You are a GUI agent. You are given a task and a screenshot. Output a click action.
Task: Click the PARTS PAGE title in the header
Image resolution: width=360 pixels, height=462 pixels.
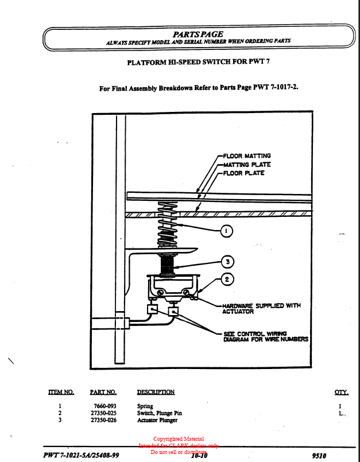click(x=198, y=34)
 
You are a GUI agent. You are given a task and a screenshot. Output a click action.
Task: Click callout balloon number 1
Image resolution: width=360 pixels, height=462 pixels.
click(x=226, y=231)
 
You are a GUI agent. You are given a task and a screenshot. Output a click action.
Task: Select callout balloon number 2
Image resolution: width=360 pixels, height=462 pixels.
click(x=227, y=279)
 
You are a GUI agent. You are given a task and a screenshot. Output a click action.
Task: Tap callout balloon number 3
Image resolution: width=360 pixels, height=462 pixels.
click(x=227, y=262)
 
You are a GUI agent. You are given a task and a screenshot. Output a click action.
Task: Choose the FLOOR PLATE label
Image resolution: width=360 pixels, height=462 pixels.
click(x=243, y=173)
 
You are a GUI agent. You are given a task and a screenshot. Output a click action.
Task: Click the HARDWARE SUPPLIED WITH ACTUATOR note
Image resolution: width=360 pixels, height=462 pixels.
click(x=261, y=309)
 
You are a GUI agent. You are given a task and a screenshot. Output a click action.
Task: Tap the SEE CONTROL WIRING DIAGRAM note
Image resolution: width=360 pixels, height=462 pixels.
click(x=265, y=336)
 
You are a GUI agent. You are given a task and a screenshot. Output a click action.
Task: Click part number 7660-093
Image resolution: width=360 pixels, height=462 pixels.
click(x=104, y=406)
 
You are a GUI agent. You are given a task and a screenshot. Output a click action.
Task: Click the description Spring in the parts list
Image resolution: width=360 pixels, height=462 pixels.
click(x=145, y=406)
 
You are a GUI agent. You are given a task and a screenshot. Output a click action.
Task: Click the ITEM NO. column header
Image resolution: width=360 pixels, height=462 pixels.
click(x=61, y=393)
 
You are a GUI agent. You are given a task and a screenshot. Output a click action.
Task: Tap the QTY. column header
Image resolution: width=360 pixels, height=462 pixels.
click(x=341, y=393)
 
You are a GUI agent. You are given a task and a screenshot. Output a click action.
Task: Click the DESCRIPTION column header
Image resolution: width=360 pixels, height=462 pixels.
click(x=156, y=393)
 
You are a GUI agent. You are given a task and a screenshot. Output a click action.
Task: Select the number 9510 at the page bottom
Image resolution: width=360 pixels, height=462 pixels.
click(x=318, y=455)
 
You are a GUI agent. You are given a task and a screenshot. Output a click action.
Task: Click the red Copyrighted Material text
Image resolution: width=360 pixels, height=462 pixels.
click(x=178, y=439)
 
